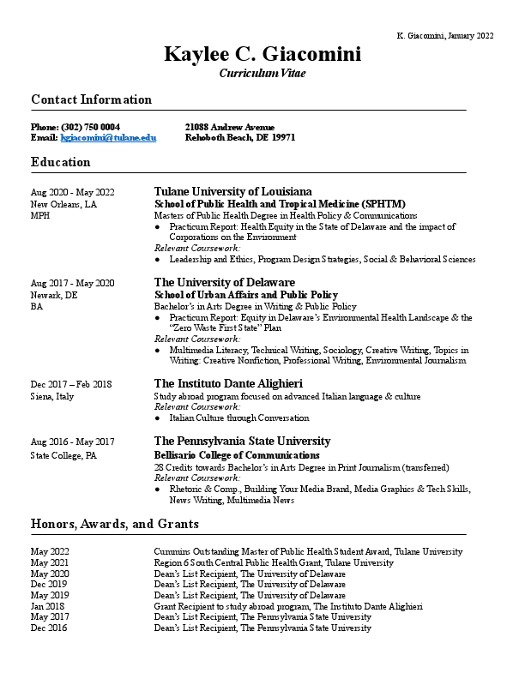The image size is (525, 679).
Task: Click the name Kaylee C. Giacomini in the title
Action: pyautogui.click(x=262, y=55)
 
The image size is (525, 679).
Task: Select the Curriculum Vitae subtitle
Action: pyautogui.click(x=262, y=74)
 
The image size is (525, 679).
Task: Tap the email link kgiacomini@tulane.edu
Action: pyautogui.click(x=107, y=137)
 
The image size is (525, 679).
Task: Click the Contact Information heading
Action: pyautogui.click(x=91, y=100)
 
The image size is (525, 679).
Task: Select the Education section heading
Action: pyautogui.click(x=60, y=162)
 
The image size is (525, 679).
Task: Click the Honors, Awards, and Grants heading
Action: pyautogui.click(x=115, y=524)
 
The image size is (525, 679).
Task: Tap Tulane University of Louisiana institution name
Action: pyautogui.click(x=232, y=191)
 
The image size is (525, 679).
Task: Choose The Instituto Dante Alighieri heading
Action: pyautogui.click(x=227, y=384)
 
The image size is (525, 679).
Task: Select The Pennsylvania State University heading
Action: pyautogui.click(x=242, y=442)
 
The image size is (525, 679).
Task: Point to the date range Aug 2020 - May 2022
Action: pyautogui.click(x=72, y=192)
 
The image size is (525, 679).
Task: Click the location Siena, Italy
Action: pyautogui.click(x=52, y=397)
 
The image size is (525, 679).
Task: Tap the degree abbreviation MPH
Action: pyautogui.click(x=40, y=216)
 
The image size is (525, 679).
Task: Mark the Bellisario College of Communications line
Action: pyautogui.click(x=237, y=455)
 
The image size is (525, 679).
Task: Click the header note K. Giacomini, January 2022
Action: pyautogui.click(x=445, y=35)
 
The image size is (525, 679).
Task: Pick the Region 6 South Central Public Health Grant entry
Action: pyautogui.click(x=274, y=563)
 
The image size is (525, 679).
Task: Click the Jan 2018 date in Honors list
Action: pyautogui.click(x=48, y=606)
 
